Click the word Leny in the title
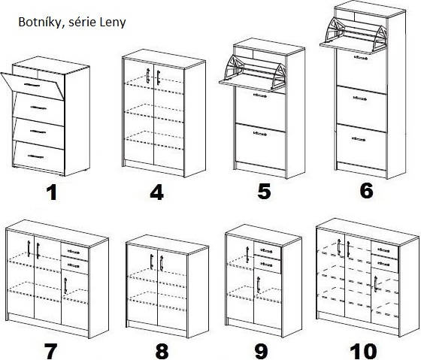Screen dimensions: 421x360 113,22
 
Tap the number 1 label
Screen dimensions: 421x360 52,192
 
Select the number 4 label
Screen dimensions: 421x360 157,192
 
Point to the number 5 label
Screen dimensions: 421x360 264,191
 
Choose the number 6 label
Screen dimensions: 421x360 366,190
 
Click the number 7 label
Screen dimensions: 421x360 50,351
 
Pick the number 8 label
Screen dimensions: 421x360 162,351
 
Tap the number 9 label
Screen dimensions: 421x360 262,351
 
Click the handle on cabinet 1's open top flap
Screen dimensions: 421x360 32,85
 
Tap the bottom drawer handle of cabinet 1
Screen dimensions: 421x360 36,156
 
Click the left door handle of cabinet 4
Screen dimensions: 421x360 147,76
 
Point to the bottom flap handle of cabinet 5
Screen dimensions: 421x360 260,133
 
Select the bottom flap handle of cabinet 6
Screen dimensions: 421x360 359,139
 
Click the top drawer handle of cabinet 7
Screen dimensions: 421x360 74,252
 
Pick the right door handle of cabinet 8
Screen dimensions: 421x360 162,263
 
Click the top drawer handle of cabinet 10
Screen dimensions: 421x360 383,250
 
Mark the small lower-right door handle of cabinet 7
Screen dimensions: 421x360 65,286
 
